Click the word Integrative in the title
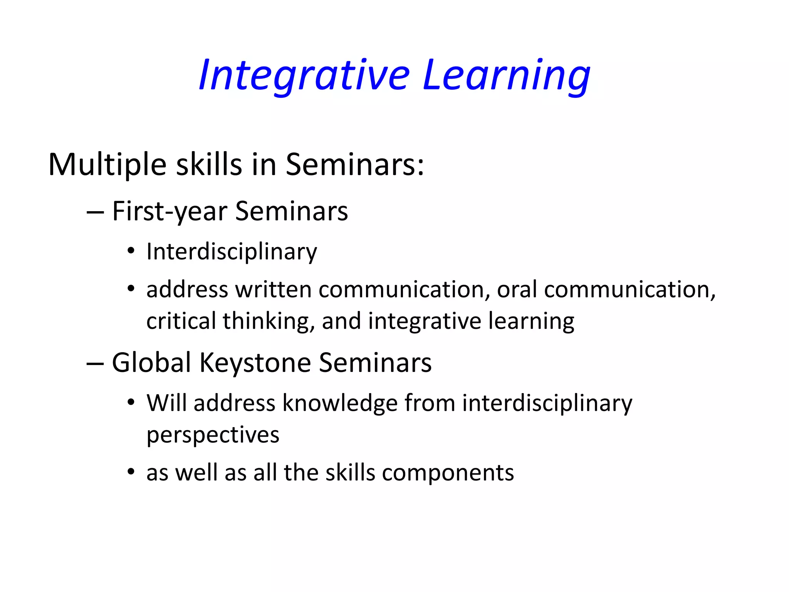[x=304, y=75]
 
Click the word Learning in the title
[x=506, y=75]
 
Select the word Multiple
[x=107, y=165]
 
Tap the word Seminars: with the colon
[x=354, y=165]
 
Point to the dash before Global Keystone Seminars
[x=95, y=363]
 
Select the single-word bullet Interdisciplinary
[x=232, y=252]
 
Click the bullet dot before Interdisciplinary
[x=131, y=251]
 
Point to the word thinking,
[x=269, y=321]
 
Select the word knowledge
[x=340, y=403]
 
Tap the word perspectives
[x=213, y=436]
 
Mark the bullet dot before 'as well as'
[x=131, y=471]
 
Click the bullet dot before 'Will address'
[x=131, y=402]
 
